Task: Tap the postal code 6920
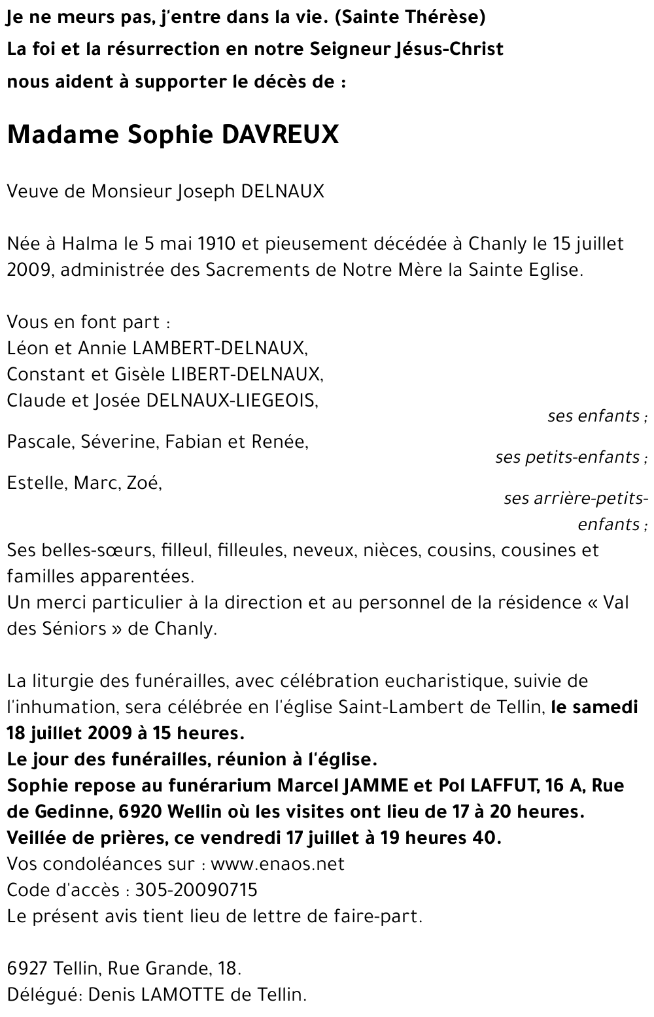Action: pos(142,812)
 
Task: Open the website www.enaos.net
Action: pos(278,864)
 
